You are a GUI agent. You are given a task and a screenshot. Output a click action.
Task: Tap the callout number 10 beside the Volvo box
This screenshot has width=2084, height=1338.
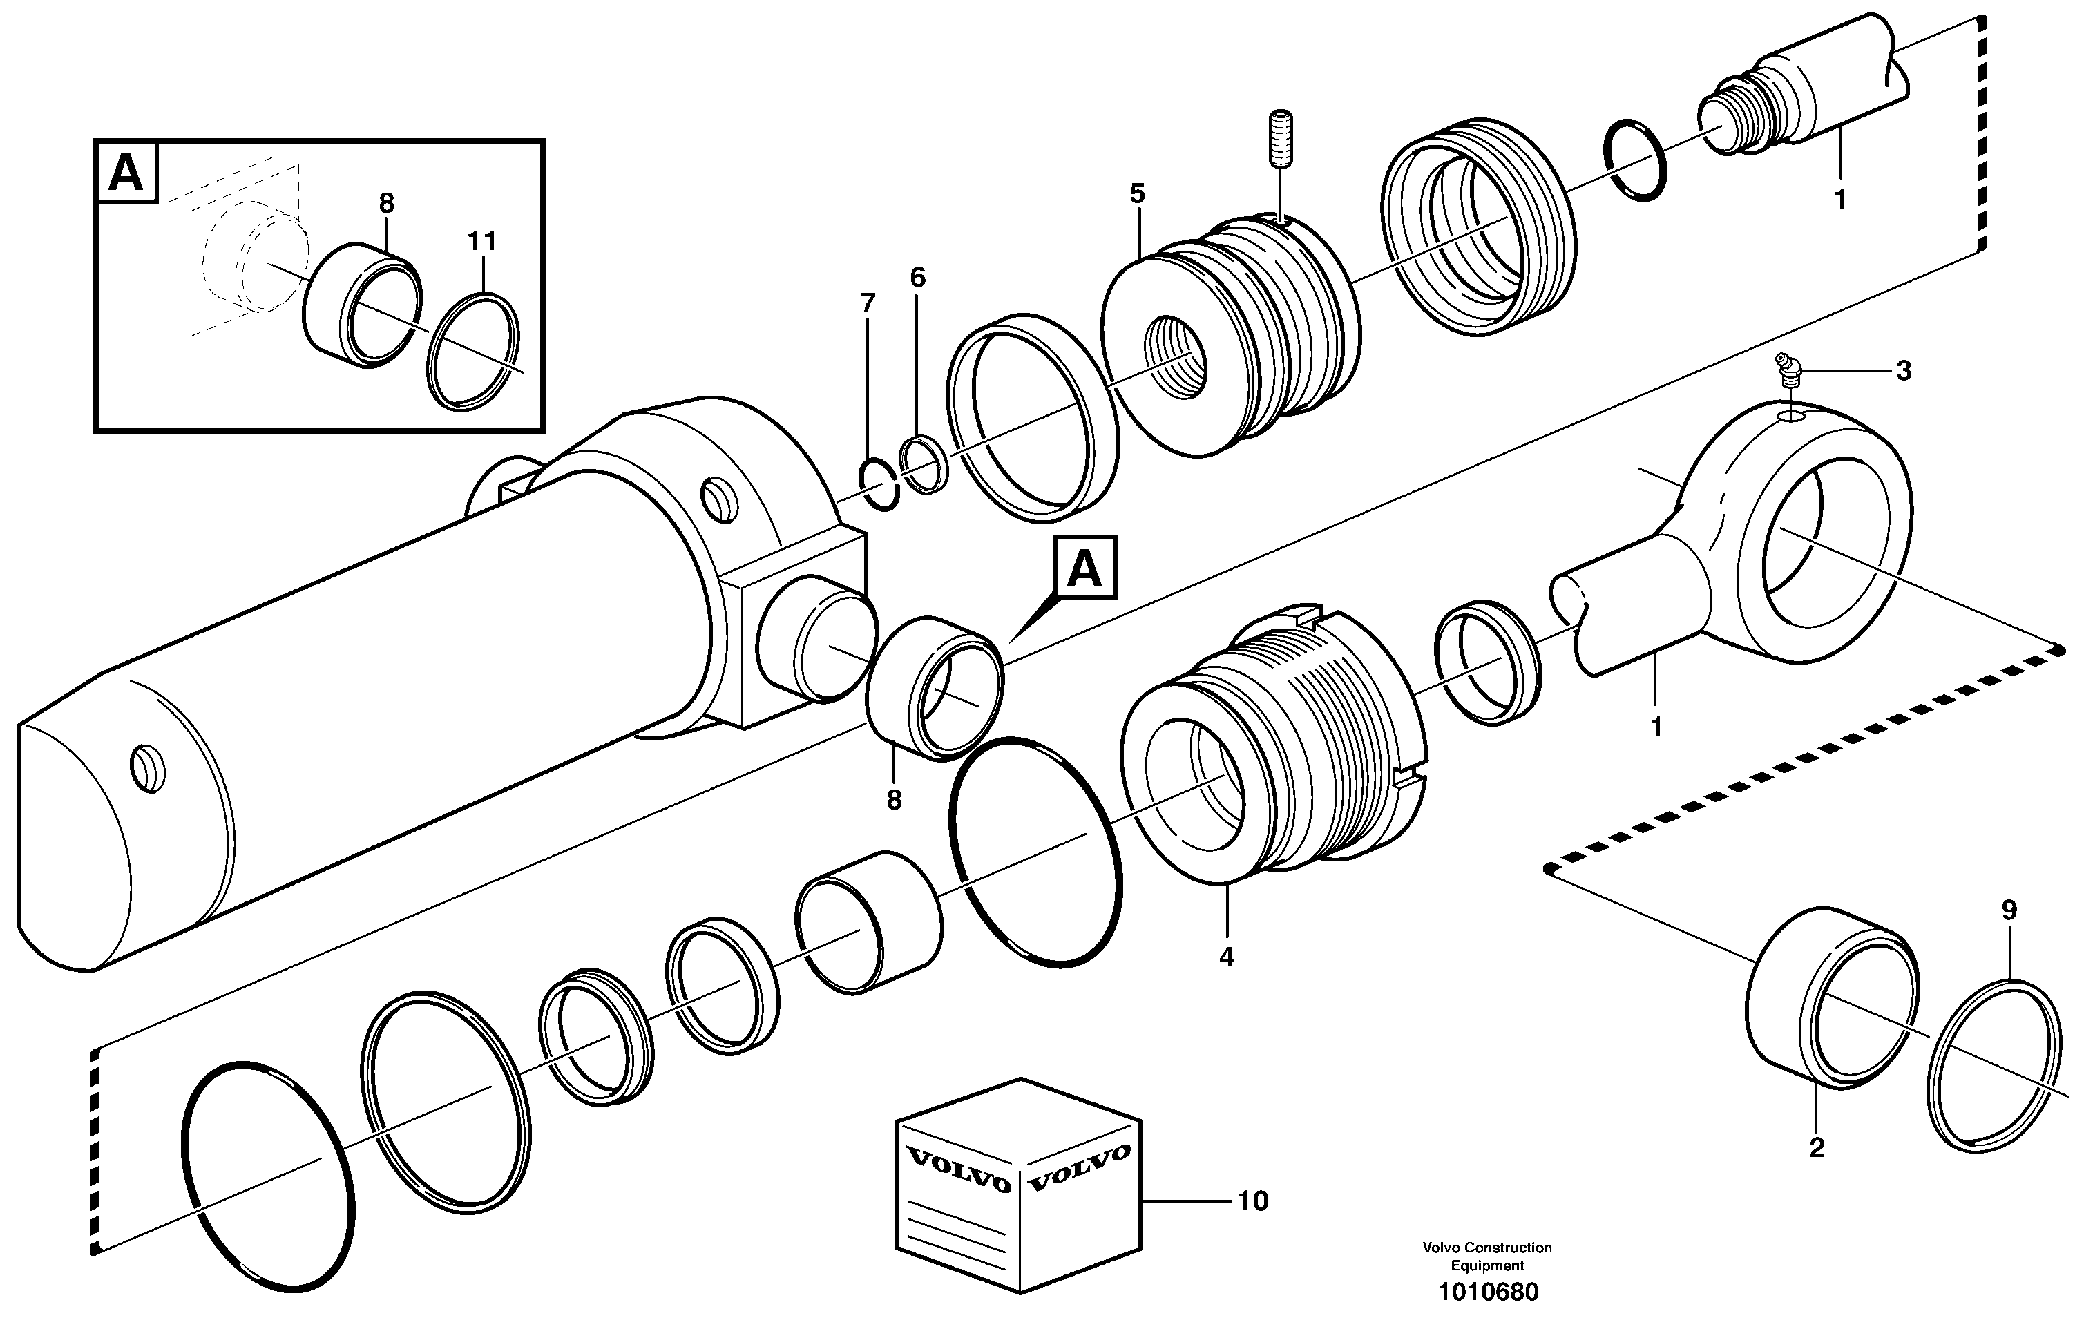(x=1252, y=1202)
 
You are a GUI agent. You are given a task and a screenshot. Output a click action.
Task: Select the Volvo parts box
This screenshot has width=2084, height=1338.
(x=1018, y=1185)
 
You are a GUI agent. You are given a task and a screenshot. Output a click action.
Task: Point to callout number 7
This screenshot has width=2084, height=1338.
(x=867, y=303)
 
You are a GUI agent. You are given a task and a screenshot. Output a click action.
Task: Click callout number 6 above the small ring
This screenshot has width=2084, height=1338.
(x=917, y=278)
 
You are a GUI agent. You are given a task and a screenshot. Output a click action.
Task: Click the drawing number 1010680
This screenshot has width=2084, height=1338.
(x=1487, y=1292)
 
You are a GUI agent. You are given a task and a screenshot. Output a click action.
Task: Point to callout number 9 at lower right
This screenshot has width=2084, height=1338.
(x=2009, y=910)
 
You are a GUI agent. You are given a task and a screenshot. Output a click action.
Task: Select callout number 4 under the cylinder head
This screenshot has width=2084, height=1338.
(x=1225, y=957)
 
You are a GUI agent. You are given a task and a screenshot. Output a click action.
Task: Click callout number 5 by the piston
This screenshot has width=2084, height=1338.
(x=1137, y=193)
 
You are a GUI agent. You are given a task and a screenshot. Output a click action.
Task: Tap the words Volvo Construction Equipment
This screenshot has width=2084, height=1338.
(x=1486, y=1256)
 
